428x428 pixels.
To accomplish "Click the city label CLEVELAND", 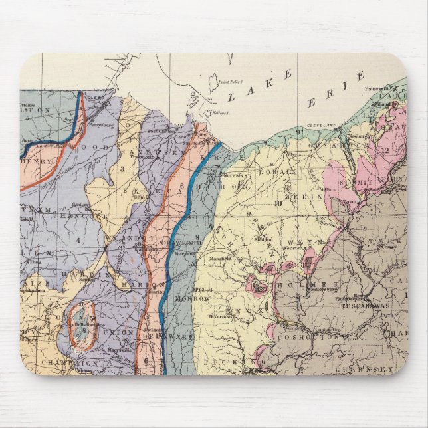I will point(321,125).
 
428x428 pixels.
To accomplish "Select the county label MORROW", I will point(191,299).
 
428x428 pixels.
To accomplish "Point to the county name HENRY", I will point(37,161).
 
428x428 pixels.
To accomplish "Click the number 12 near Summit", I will point(384,150).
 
